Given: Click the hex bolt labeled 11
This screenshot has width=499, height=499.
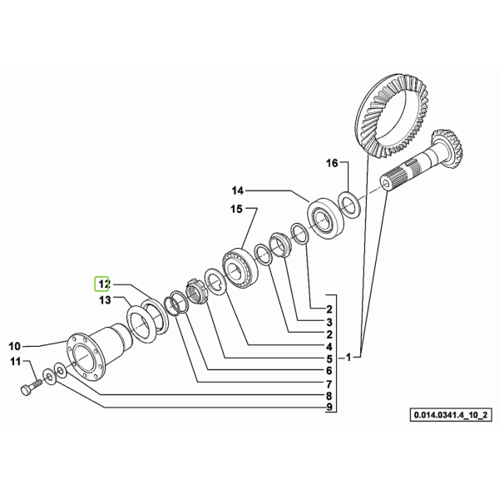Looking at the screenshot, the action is click(x=29, y=386).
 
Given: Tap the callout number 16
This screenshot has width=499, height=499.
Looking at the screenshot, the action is click(x=332, y=163).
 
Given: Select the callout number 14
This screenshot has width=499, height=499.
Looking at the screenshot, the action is click(x=237, y=191).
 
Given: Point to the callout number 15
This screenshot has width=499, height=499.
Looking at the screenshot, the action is click(x=236, y=210).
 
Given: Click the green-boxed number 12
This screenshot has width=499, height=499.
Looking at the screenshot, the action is click(x=101, y=284).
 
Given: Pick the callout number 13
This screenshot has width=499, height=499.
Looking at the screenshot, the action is click(x=105, y=299).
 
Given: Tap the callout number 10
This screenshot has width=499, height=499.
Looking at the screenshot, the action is click(x=14, y=346).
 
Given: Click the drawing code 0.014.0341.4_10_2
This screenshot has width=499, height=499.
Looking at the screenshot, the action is click(x=450, y=415).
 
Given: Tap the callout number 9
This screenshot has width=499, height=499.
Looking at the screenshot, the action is click(x=329, y=407).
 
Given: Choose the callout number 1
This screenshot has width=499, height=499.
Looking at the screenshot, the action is click(x=348, y=358).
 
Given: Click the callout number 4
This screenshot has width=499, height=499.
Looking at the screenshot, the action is click(x=329, y=347).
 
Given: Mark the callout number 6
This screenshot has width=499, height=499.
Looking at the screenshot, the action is click(x=329, y=371).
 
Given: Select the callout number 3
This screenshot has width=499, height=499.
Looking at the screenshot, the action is click(x=329, y=322).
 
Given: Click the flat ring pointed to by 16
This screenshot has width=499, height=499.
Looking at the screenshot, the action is click(x=348, y=205).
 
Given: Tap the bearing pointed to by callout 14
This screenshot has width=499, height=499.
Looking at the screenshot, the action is click(x=324, y=217).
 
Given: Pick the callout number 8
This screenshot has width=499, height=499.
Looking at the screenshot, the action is click(x=329, y=396).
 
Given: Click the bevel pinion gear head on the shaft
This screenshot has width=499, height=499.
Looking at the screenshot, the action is click(x=448, y=145).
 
